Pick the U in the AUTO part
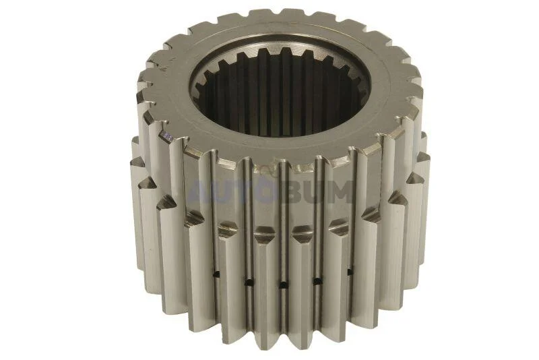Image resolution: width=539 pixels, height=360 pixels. coord(222,191)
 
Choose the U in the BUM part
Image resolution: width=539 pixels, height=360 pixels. coord(315,191)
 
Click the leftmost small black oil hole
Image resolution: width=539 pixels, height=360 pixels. coord(216,274)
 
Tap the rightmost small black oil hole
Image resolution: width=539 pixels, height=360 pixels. coord(350,272)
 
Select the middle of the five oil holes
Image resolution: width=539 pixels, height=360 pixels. coord(283,284)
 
